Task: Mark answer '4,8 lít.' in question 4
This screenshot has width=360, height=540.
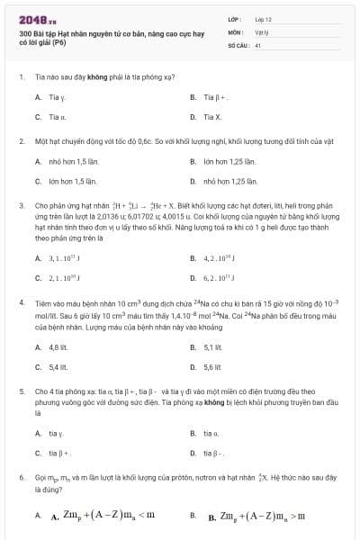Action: (x=58, y=346)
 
